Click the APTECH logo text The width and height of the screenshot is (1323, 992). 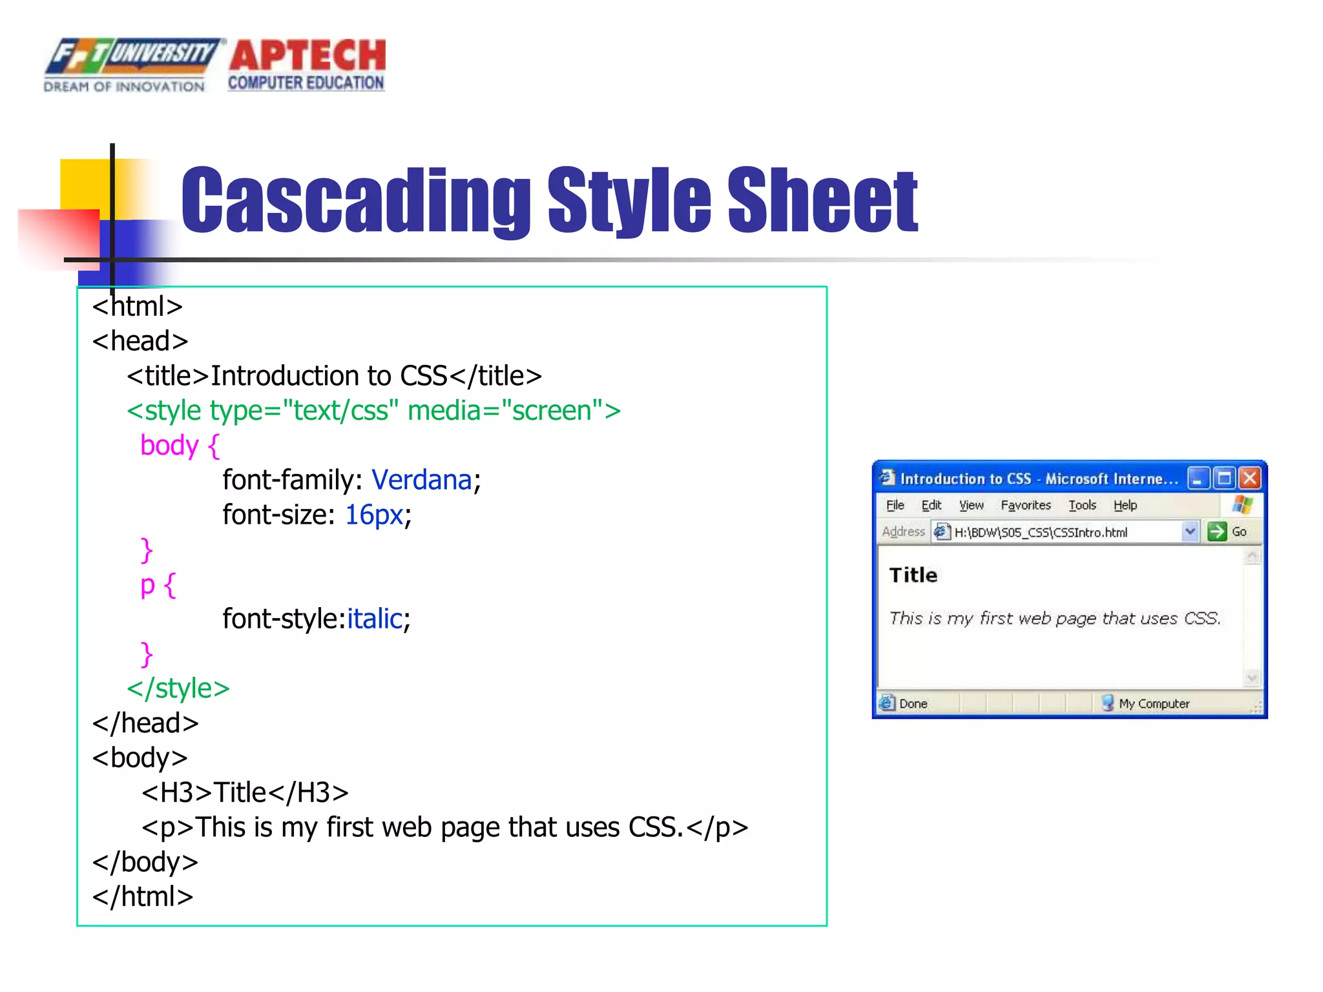tap(307, 57)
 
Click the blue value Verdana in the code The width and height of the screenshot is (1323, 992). tap(422, 480)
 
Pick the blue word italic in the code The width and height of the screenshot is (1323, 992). tap(375, 619)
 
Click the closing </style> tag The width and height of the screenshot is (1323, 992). tap(178, 688)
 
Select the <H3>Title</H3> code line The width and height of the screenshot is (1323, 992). tap(245, 792)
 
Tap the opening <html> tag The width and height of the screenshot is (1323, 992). tap(138, 306)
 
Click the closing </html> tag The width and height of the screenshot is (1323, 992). tap(143, 896)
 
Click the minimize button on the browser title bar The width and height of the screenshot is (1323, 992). tap(1198, 479)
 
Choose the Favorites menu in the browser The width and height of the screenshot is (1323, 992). tap(1025, 505)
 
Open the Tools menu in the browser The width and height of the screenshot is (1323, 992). tap(1082, 505)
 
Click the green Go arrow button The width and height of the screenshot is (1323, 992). tap(1217, 532)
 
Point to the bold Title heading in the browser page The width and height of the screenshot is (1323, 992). tap(913, 575)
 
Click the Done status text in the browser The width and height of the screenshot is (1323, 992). tap(913, 703)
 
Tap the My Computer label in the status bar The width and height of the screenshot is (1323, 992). tap(1154, 703)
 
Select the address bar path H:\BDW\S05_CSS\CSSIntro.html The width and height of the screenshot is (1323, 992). tap(1041, 532)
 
